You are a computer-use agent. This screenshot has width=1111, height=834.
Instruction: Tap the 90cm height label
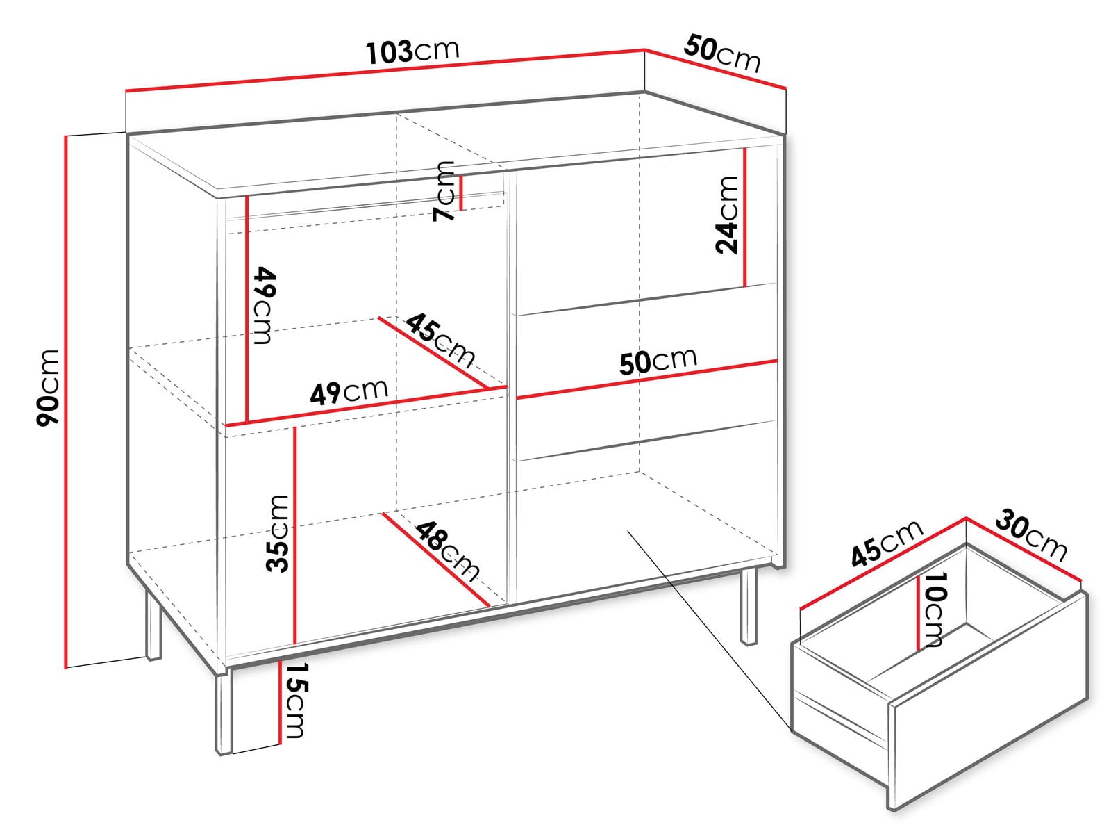[x=48, y=387]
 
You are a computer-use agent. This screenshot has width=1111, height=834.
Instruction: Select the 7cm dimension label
[x=444, y=191]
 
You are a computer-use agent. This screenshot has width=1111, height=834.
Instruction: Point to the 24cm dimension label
[x=727, y=215]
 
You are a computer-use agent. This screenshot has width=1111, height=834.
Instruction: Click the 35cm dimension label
[x=277, y=533]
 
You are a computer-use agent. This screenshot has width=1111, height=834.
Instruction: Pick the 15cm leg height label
[x=294, y=701]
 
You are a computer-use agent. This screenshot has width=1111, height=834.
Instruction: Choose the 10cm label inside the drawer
[x=935, y=610]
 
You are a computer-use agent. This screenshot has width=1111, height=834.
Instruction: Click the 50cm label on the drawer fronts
[x=658, y=361]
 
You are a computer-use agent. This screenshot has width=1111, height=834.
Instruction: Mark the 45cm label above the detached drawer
[x=887, y=543]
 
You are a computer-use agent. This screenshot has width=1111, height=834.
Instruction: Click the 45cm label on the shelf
[x=440, y=340]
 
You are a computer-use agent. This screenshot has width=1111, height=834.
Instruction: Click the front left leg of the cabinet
[x=223, y=714]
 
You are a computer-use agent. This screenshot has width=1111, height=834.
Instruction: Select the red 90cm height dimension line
[x=66, y=402]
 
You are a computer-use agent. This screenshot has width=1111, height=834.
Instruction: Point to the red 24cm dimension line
[x=745, y=218]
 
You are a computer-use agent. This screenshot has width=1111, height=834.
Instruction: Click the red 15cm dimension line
[x=279, y=702]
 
